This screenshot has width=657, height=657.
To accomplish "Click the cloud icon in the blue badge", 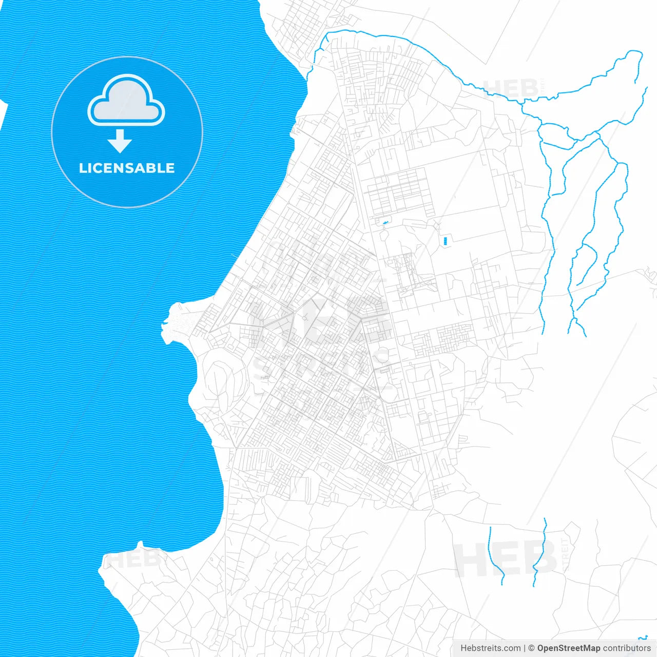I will click(x=126, y=101).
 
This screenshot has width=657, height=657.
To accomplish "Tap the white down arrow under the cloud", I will click(x=120, y=141).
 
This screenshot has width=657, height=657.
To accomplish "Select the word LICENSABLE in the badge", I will click(x=127, y=168).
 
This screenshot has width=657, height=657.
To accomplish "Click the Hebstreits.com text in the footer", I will click(x=490, y=648).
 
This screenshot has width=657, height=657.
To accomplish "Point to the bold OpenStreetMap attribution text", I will click(x=568, y=648).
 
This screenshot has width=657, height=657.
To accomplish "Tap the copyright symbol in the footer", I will click(x=531, y=648).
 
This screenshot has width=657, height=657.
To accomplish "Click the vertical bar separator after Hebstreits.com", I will click(x=525, y=648).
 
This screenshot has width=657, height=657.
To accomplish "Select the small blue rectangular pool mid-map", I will click(x=445, y=240).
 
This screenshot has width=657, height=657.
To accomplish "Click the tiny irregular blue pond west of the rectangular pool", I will click(x=384, y=222).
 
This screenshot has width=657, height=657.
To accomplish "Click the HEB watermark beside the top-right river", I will click(x=511, y=88).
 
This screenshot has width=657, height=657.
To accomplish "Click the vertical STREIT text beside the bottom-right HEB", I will click(x=566, y=554).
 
